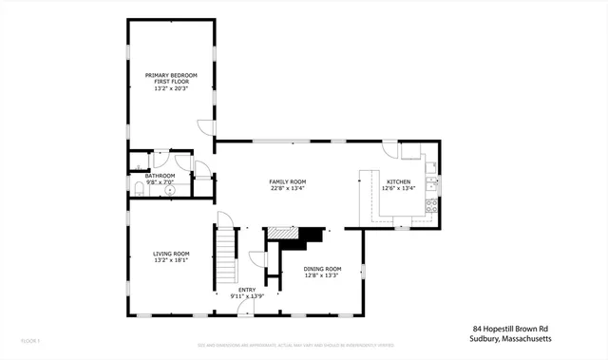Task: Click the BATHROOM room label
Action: tap(160, 176)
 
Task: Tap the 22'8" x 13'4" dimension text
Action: tap(287, 188)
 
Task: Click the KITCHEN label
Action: tap(398, 180)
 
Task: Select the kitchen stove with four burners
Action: tap(431, 204)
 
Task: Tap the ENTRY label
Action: tap(247, 290)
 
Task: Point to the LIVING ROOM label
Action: tap(172, 253)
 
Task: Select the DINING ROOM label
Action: tap(322, 269)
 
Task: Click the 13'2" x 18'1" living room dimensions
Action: tap(172, 260)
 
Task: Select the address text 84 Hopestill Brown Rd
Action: tap(512, 330)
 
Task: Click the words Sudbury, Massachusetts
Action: tap(512, 339)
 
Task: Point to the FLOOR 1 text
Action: tap(31, 339)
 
